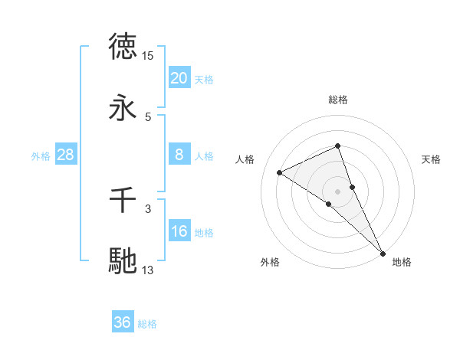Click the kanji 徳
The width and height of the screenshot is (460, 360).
click(123, 47)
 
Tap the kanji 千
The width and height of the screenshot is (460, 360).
click(123, 201)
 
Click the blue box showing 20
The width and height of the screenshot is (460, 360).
click(179, 78)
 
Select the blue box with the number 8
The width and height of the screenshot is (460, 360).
click(179, 155)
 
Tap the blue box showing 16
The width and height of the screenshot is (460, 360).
click(179, 231)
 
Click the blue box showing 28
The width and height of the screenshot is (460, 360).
click(65, 155)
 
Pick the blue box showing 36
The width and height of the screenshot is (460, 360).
click(123, 322)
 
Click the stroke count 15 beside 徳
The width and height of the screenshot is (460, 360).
click(148, 56)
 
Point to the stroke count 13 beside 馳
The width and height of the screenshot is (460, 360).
click(148, 270)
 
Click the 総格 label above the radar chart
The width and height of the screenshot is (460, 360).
click(338, 100)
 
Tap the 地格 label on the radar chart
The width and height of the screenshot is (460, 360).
click(402, 262)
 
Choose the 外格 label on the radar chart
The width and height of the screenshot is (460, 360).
click(270, 262)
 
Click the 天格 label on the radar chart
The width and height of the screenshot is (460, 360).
click(431, 159)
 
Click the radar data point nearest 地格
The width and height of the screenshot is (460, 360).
click(383, 253)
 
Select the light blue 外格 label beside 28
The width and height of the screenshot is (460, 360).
click(41, 155)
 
